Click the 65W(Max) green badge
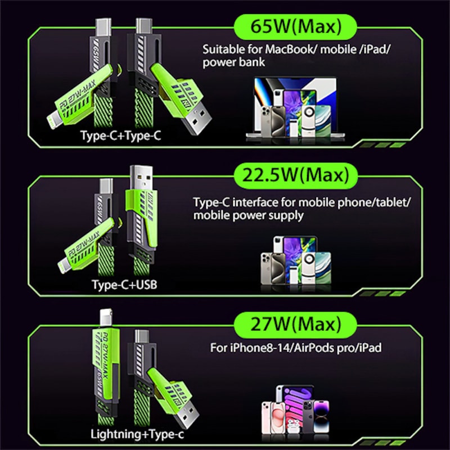click(x=296, y=27)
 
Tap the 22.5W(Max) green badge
click(x=296, y=175)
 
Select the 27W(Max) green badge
click(x=296, y=325)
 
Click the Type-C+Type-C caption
click(x=120, y=136)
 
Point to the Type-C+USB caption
click(x=124, y=285)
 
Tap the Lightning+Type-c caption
click(x=137, y=434)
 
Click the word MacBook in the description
click(x=289, y=49)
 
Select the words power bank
click(x=233, y=62)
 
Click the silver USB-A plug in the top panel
click(x=197, y=120)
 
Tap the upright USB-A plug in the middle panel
click(x=141, y=178)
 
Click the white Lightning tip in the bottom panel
click(x=106, y=318)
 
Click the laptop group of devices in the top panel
click(x=296, y=109)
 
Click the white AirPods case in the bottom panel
click(x=293, y=425)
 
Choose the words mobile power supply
click(x=248, y=215)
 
